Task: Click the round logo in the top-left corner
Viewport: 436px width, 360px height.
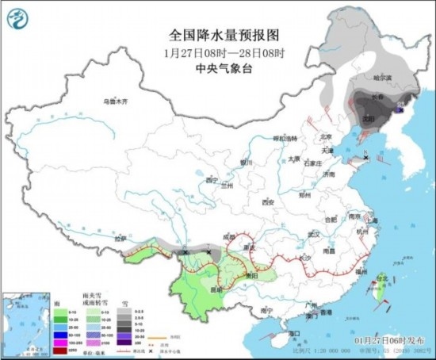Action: [21, 17]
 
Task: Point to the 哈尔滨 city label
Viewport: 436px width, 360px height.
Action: [383, 78]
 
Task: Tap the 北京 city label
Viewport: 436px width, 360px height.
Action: [322, 135]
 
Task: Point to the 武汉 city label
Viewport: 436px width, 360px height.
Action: [313, 233]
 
